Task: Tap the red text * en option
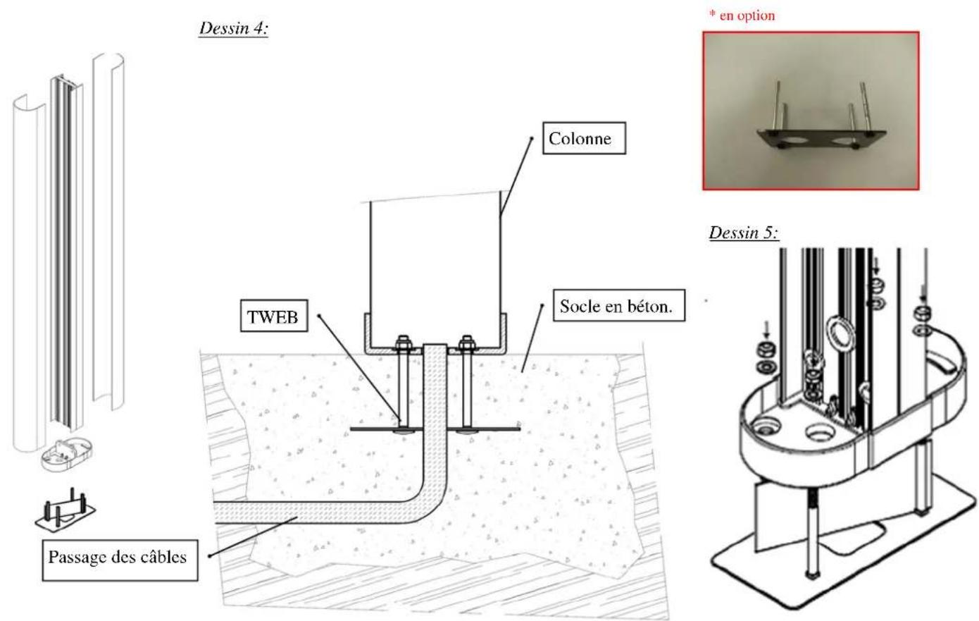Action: click(x=741, y=16)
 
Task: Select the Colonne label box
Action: click(x=579, y=140)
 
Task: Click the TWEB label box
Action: click(x=273, y=318)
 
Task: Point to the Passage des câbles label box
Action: click(x=118, y=557)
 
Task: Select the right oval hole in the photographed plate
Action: click(x=846, y=141)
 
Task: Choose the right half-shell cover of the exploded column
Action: click(x=108, y=233)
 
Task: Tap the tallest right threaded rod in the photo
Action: click(x=863, y=106)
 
